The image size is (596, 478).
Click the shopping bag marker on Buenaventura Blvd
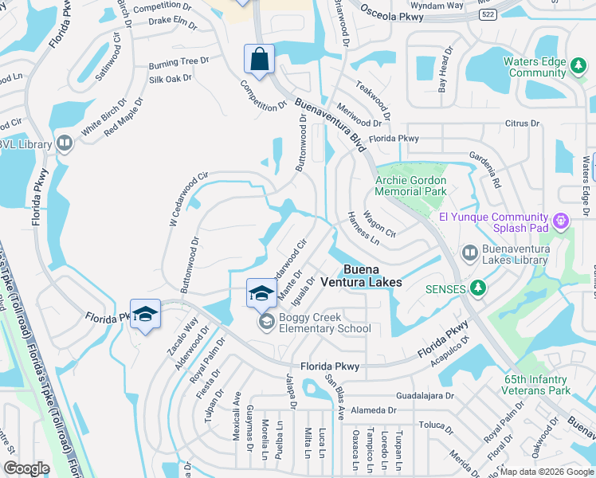259,59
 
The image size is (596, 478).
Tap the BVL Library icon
64,144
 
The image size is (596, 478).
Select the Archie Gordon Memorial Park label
410,186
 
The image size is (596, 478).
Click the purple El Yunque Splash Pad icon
561,218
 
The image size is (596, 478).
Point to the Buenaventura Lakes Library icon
470,253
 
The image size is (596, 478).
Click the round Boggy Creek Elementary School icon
265,322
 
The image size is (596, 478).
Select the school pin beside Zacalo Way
146,315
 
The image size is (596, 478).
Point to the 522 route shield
487,15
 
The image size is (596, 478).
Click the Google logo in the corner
26,468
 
